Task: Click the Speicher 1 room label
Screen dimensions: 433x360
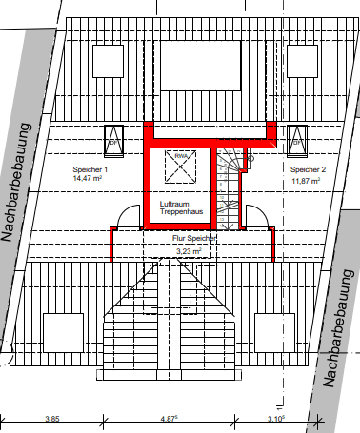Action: click(x=91, y=168)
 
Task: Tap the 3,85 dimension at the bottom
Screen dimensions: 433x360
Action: click(x=53, y=420)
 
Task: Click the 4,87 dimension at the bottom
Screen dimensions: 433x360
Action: click(x=169, y=420)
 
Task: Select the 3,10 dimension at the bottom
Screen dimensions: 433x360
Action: click(x=274, y=420)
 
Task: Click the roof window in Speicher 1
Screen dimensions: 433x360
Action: click(x=112, y=139)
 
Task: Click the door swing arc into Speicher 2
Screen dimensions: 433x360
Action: click(x=255, y=216)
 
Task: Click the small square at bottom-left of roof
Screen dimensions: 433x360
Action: click(x=62, y=332)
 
